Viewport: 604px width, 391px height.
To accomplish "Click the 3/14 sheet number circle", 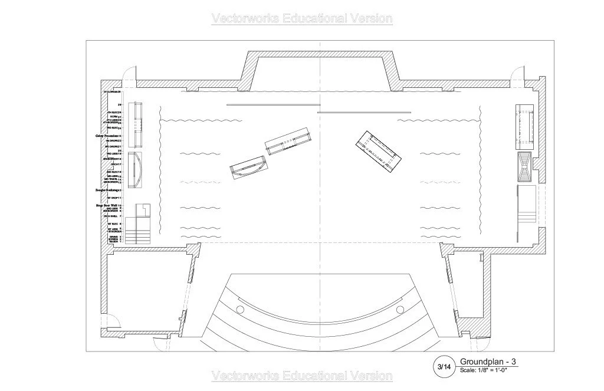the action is click(444, 367).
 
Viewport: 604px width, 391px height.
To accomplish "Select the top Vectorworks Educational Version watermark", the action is click(301, 18).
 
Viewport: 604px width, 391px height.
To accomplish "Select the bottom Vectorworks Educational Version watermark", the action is click(301, 376).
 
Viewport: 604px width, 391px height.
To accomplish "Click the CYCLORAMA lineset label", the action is click(111, 92).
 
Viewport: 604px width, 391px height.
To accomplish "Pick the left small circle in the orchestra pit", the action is click(239, 310).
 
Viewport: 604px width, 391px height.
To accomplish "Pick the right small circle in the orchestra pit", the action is click(401, 310).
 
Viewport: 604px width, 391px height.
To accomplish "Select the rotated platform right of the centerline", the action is click(378, 152).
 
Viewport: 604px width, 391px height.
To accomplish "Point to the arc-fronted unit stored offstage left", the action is click(136, 170).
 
